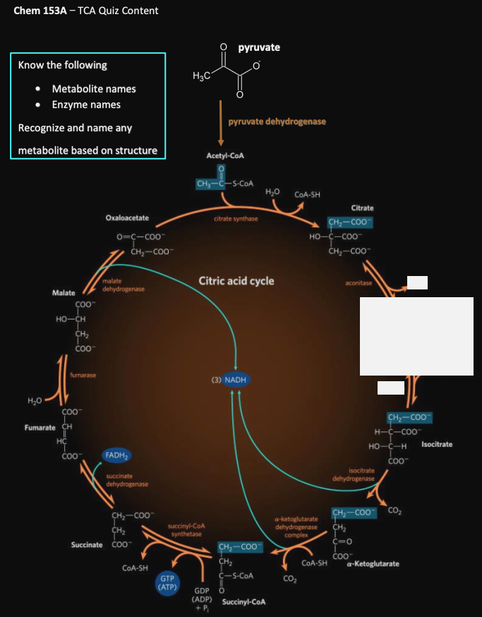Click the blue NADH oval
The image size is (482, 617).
tap(235, 380)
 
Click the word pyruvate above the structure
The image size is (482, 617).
tap(259, 47)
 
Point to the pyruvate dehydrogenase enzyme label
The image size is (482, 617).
tap(277, 121)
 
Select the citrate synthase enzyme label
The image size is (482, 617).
tap(236, 219)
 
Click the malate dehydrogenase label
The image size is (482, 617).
tap(123, 286)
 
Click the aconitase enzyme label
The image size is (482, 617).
tap(359, 283)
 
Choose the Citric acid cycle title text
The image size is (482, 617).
tap(236, 280)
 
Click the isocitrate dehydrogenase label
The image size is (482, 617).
tap(356, 474)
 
